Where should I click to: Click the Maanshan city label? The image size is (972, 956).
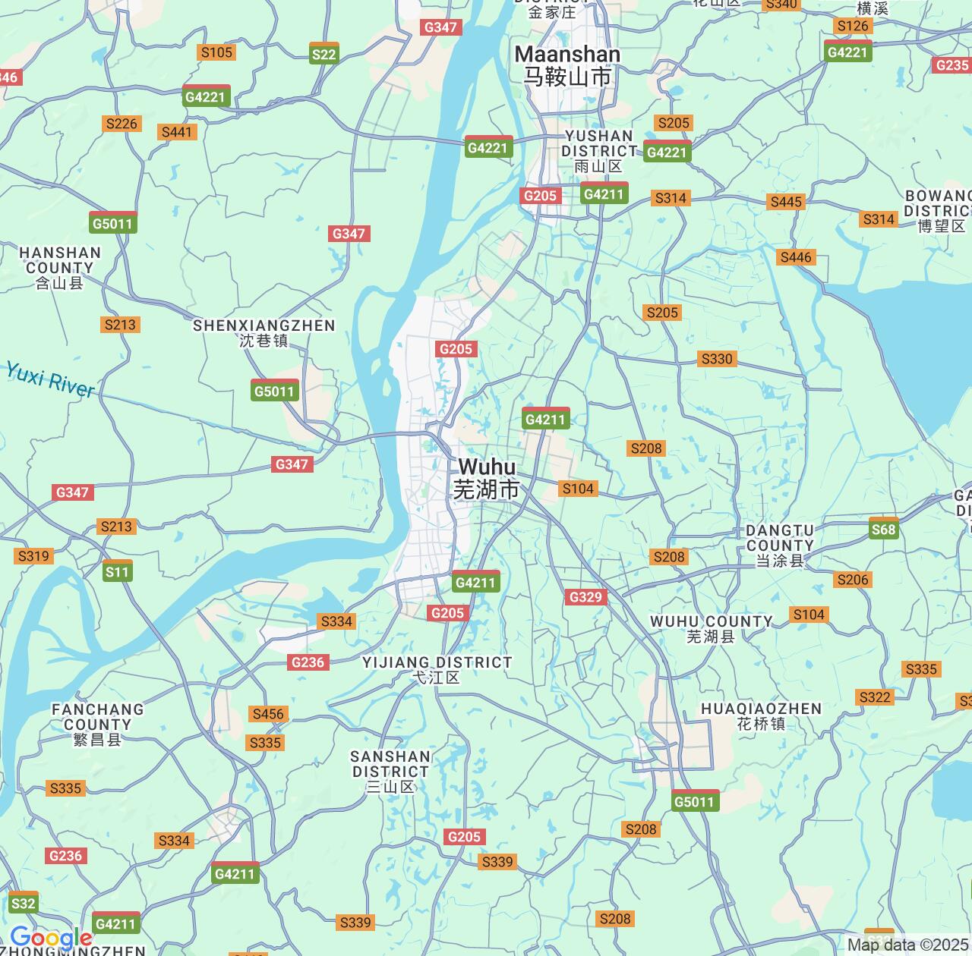pos(567,65)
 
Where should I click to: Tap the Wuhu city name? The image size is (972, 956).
pos(487,478)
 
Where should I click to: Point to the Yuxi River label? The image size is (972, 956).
pos(50,379)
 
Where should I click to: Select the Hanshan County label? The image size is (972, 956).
pos(59,267)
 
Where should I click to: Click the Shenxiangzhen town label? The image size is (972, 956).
pos(264,333)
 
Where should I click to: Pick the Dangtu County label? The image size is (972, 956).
pos(780,545)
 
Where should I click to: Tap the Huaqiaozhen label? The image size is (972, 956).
pos(761,715)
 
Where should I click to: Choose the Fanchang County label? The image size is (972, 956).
pos(97,724)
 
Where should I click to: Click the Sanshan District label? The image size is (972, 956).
pos(390,771)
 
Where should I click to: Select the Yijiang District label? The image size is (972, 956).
pos(437,669)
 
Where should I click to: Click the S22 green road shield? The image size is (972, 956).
pos(324,54)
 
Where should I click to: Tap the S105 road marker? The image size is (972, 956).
pos(216,52)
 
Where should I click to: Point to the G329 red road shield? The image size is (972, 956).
pos(585,597)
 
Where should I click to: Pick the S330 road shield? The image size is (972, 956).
pos(717,359)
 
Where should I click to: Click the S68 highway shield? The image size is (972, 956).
pos(884,529)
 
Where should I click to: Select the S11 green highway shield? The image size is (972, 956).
pos(118,571)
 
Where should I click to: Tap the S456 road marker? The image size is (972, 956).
pos(268,714)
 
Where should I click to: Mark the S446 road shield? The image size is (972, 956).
pos(796,257)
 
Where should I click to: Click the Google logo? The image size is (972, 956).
pos(51,939)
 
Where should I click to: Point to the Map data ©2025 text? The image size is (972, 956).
pos(908,945)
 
